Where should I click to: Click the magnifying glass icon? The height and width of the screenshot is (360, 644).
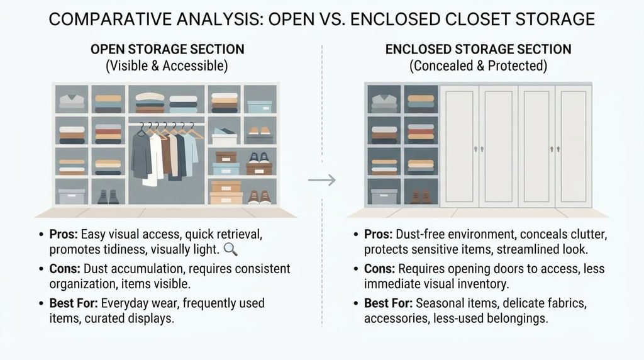(x=231, y=249)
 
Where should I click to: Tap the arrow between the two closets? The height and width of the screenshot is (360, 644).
(x=321, y=180)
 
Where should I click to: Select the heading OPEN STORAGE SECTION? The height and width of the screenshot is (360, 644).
(x=167, y=49)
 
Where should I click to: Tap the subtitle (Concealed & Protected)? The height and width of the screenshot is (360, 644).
(x=478, y=65)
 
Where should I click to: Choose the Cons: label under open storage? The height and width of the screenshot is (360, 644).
(x=65, y=269)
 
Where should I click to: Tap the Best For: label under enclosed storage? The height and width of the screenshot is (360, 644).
(x=388, y=303)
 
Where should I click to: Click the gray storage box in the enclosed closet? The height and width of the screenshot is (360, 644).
(x=384, y=196)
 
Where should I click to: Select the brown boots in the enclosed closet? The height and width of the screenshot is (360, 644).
(x=421, y=196)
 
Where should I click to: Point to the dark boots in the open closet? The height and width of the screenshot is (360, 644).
(x=108, y=197)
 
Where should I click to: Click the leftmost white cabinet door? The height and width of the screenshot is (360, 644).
(x=459, y=146)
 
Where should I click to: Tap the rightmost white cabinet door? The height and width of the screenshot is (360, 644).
(x=574, y=146)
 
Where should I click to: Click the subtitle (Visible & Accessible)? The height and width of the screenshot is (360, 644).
(x=167, y=65)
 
